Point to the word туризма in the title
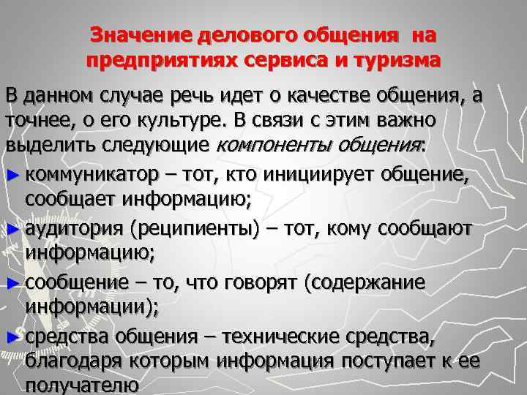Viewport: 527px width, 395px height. (400, 61)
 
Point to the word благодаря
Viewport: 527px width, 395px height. (70, 362)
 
